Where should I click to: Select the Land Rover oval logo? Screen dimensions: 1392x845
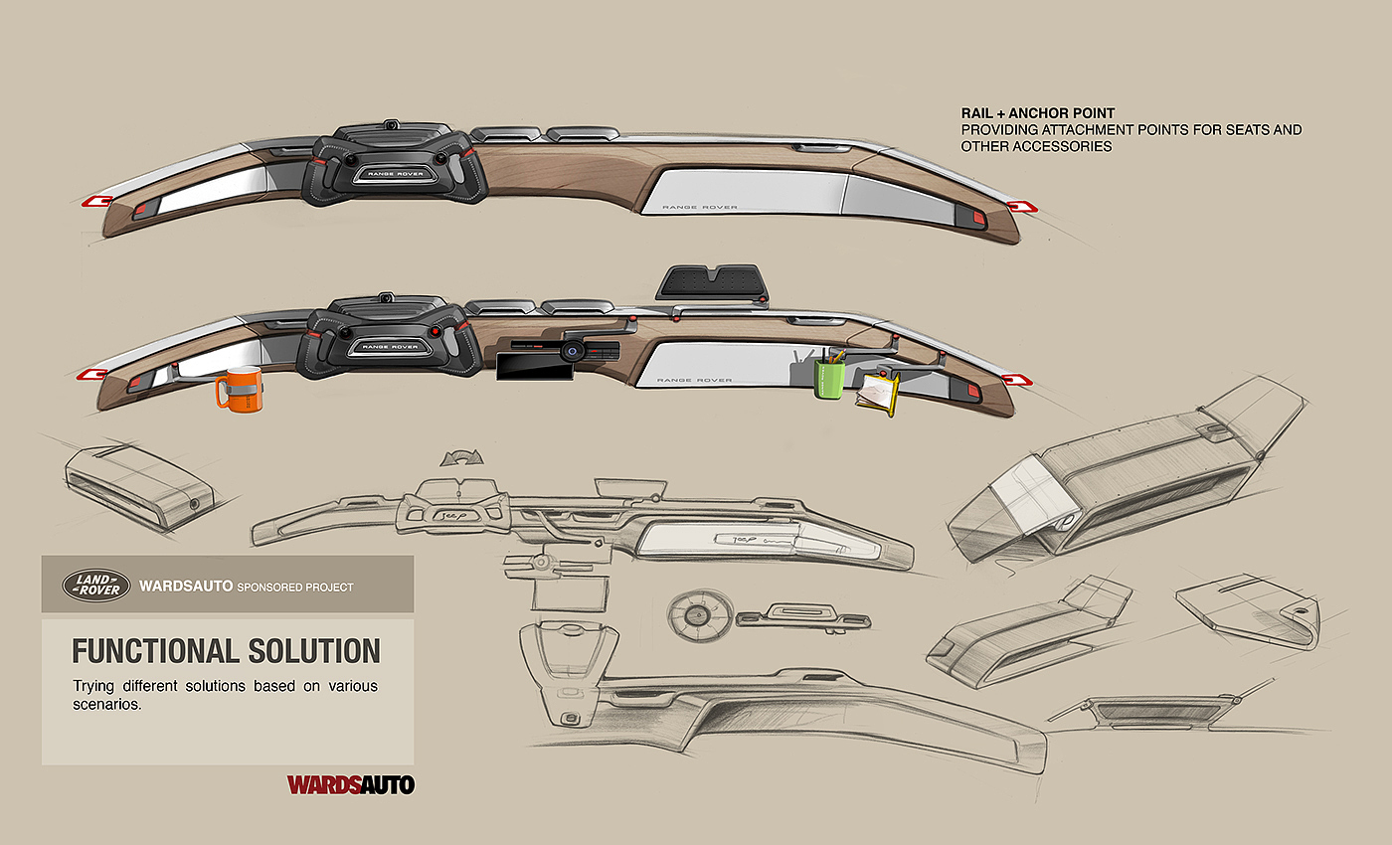[96, 586]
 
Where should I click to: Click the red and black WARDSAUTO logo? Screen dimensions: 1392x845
[350, 784]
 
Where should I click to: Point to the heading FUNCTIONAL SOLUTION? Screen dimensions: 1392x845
[226, 651]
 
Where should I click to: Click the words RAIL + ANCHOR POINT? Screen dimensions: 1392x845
[1037, 113]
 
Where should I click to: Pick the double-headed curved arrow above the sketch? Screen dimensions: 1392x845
[461, 457]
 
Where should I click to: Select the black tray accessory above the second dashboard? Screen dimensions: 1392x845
[711, 282]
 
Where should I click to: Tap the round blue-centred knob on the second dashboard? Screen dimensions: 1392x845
[573, 350]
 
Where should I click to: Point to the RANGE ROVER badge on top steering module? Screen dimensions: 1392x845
[396, 174]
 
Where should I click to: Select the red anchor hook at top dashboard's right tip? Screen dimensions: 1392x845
[1022, 206]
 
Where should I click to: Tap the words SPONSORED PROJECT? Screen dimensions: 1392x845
[295, 587]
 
